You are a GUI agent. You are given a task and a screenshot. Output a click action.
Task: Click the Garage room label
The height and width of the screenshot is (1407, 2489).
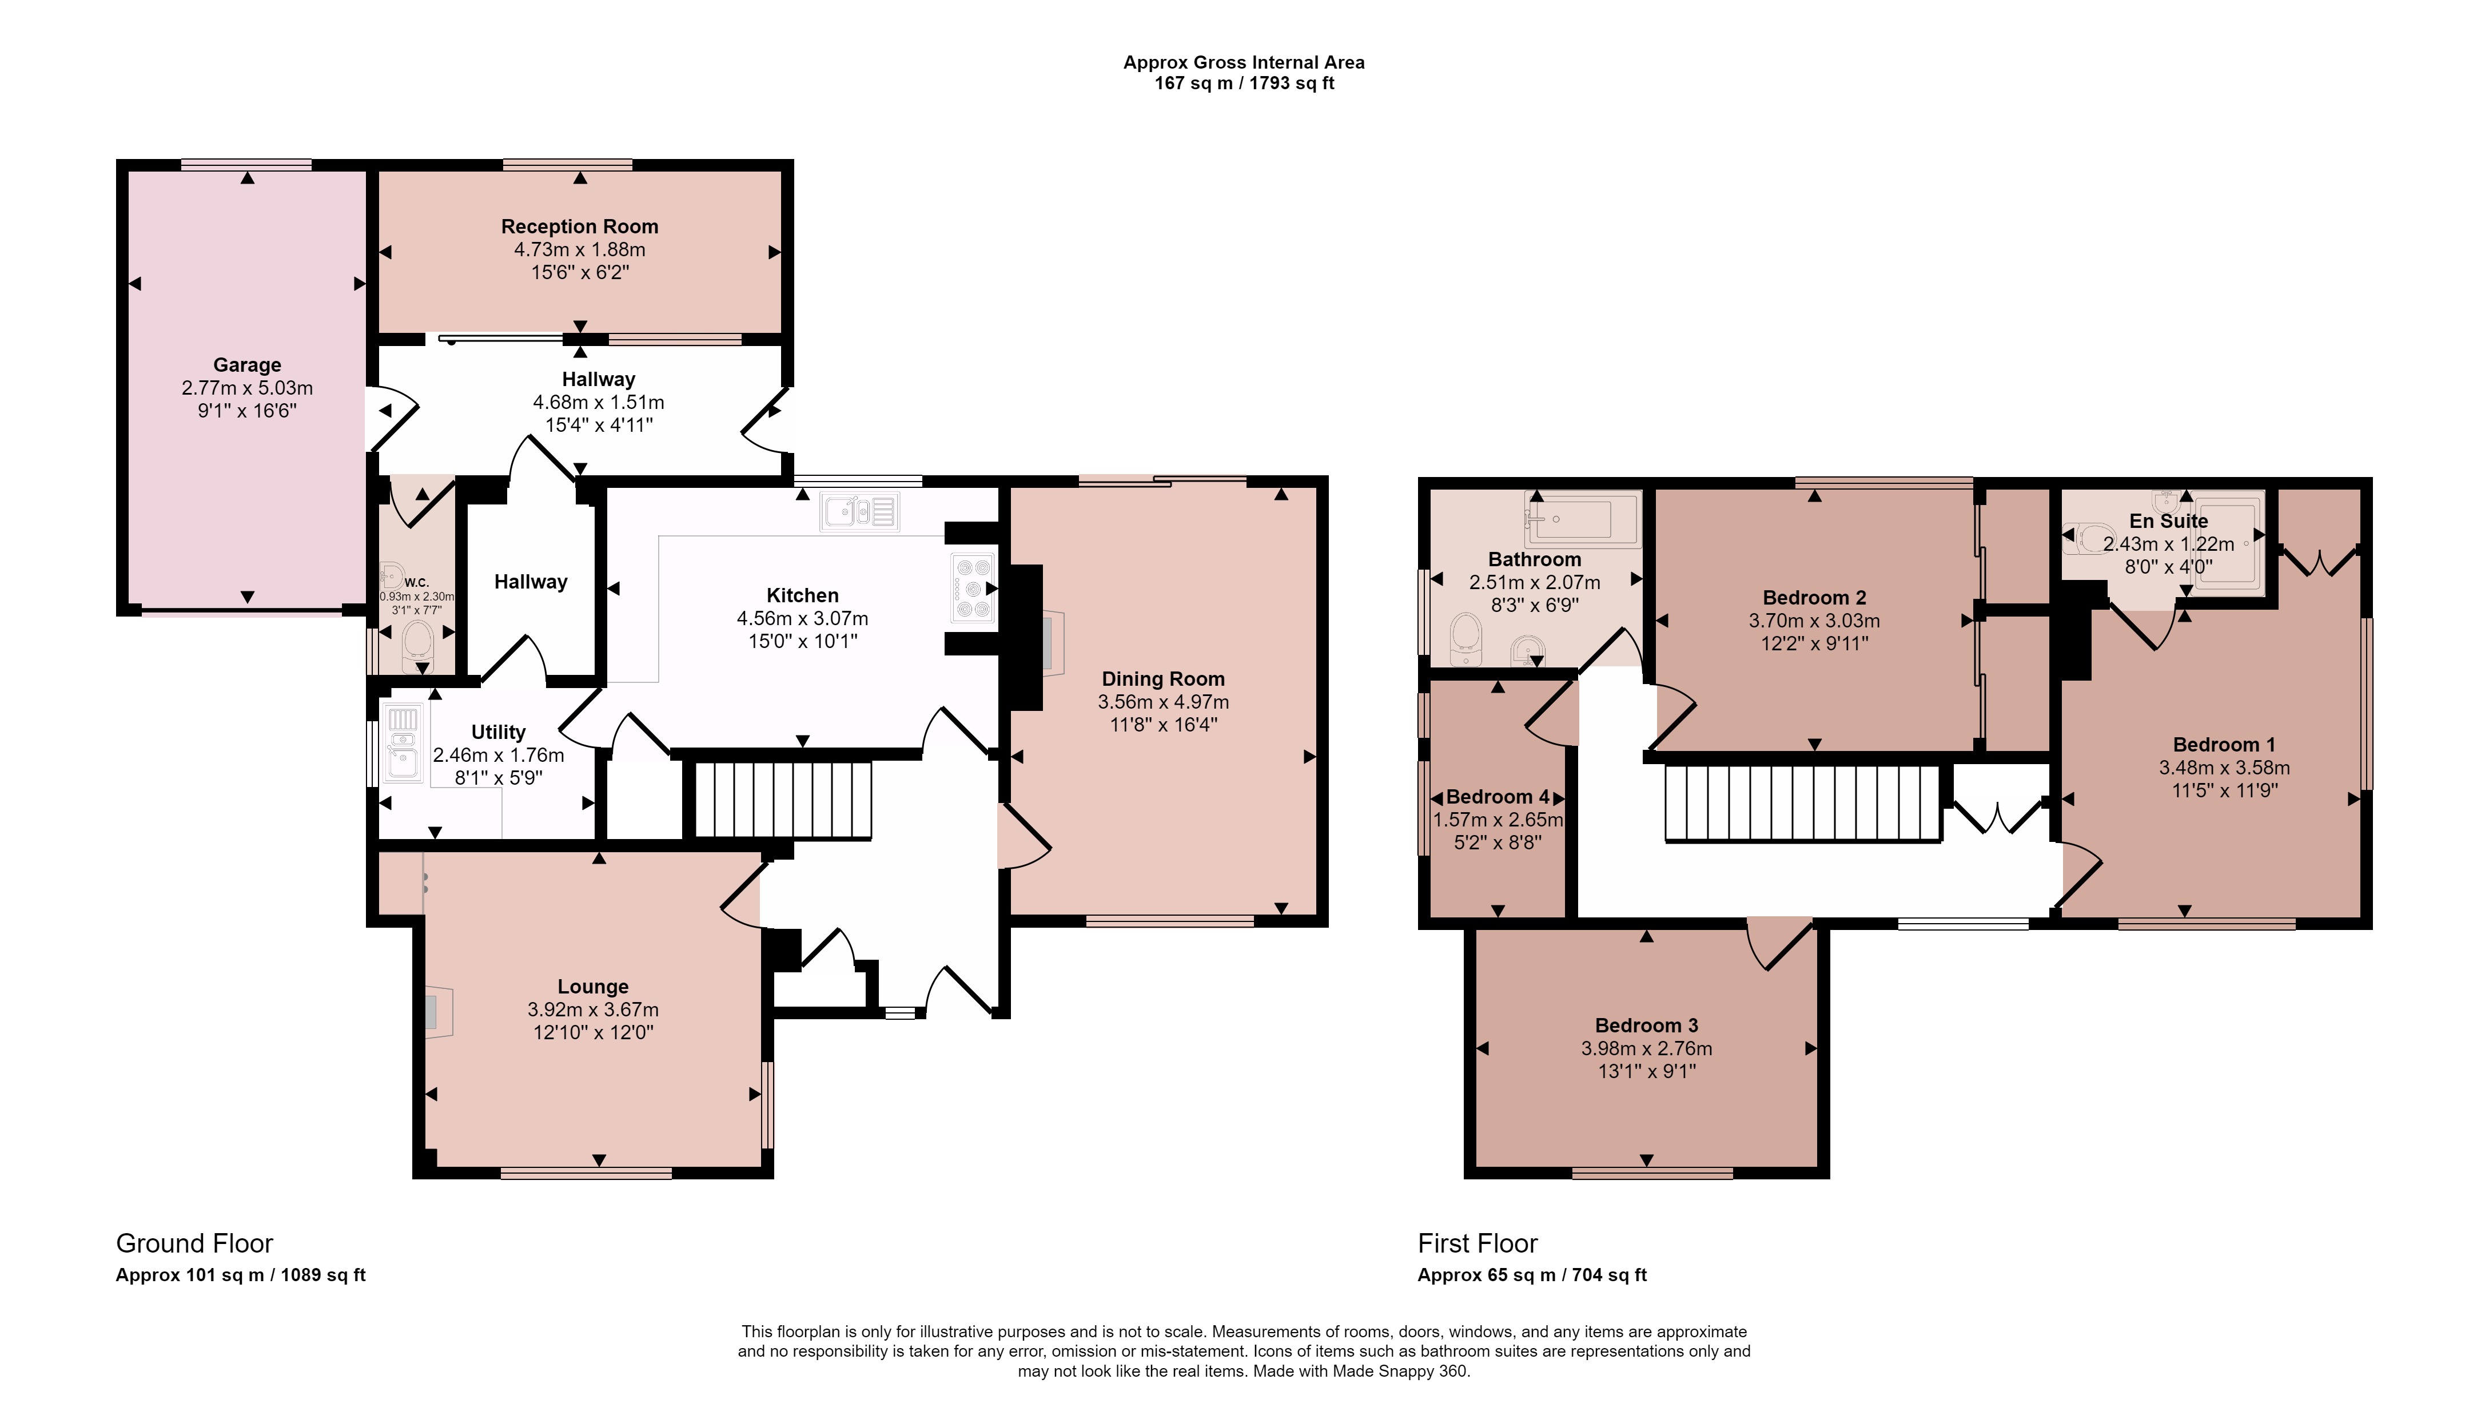click(248, 365)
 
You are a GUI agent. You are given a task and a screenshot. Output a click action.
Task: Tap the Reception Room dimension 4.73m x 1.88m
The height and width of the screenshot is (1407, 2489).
click(580, 249)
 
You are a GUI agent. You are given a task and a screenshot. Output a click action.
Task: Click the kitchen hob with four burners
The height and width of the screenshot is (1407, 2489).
click(973, 587)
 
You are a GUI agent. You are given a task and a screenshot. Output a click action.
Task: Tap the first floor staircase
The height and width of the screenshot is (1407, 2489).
click(1803, 803)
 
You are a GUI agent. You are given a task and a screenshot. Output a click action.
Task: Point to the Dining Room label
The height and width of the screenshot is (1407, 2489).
click(1164, 679)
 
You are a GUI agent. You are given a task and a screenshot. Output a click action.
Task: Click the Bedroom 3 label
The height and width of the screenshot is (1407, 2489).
click(1646, 1026)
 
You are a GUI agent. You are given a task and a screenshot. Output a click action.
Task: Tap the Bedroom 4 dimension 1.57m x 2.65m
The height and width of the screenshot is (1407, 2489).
click(1498, 820)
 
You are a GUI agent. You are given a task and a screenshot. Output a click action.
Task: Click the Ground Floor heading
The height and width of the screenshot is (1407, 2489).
click(194, 1243)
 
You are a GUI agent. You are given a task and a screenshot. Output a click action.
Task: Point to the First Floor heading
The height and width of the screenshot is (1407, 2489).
click(1478, 1243)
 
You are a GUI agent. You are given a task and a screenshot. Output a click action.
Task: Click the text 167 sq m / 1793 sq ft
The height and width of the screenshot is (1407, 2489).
click(1244, 83)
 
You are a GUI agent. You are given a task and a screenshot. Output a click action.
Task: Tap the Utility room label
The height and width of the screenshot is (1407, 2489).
click(499, 733)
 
